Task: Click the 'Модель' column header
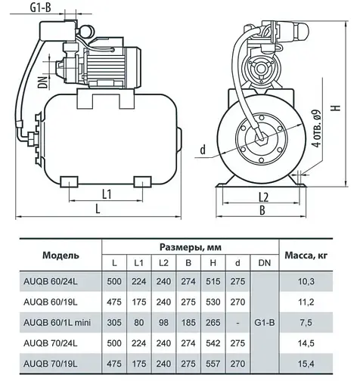coord(56,255)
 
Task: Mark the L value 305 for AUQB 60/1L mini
coord(114,323)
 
